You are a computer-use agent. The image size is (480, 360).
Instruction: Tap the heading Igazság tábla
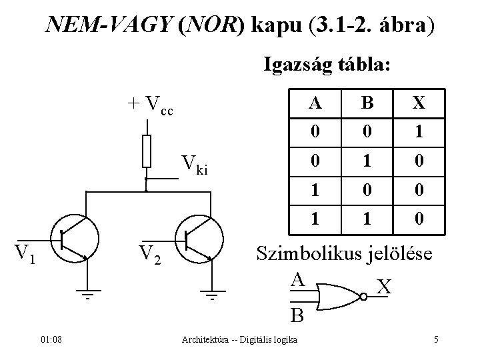(329, 65)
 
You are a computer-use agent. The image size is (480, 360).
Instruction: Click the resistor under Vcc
(147, 151)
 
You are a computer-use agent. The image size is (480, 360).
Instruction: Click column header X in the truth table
(418, 104)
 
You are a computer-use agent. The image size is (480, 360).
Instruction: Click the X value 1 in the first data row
(418, 133)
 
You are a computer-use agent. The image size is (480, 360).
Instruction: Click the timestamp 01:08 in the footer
(51, 340)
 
